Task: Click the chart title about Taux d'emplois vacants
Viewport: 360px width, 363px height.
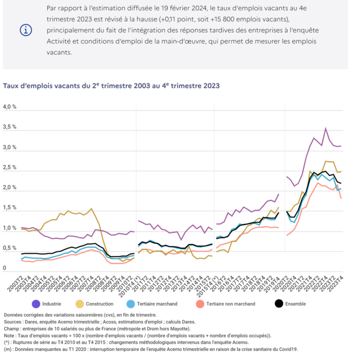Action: [x=111, y=86]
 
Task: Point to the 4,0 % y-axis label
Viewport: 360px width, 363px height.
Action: [x=10, y=106]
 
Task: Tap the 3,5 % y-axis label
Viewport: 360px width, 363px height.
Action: [x=10, y=127]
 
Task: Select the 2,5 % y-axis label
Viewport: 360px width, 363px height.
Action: [x=10, y=167]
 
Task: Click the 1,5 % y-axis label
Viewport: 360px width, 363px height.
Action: [x=10, y=208]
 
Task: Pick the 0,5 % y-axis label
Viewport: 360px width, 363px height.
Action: [x=10, y=248]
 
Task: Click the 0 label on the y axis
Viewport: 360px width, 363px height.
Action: [x=5, y=268]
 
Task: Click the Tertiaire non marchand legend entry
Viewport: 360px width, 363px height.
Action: [x=231, y=304]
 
